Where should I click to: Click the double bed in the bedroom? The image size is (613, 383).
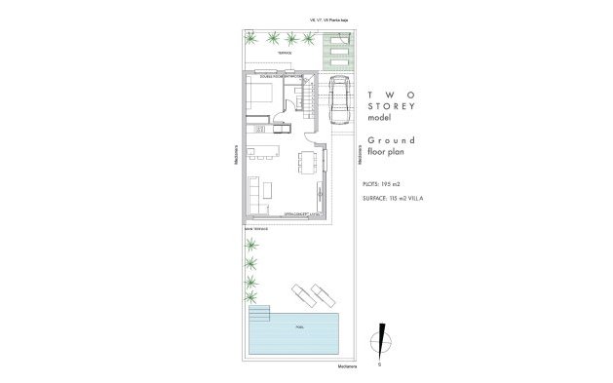(x=261, y=95)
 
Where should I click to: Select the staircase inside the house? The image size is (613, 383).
(x=305, y=96)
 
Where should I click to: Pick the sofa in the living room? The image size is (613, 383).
(x=252, y=193)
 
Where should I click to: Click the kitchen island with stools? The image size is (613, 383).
(x=264, y=150)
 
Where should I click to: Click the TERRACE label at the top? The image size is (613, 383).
(x=285, y=52)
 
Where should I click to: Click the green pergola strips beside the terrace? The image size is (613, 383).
(x=337, y=54)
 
